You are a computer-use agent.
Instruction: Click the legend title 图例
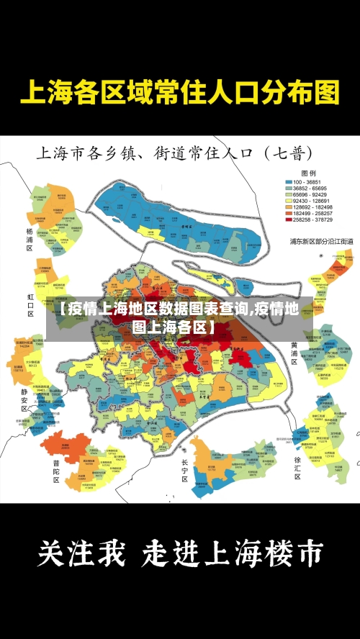(x=308, y=173)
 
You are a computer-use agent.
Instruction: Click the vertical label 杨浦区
(x=30, y=239)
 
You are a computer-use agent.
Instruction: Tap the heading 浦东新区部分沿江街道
(x=321, y=241)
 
